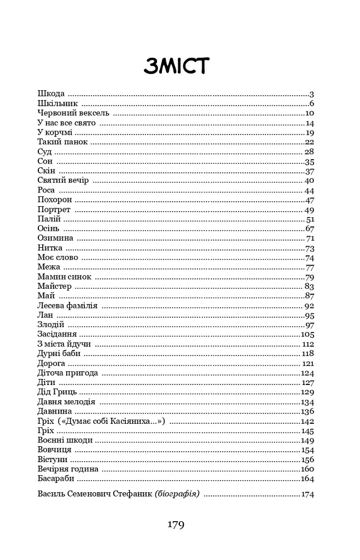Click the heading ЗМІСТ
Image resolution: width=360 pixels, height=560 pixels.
click(177, 66)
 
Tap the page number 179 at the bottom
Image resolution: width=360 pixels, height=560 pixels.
click(176, 526)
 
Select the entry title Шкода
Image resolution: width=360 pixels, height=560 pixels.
click(51, 94)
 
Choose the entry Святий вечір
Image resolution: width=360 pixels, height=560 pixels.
click(63, 180)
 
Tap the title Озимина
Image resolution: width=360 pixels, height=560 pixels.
click(56, 238)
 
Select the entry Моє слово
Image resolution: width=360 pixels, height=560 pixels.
click(58, 258)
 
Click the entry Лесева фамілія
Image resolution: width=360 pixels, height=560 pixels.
click(68, 306)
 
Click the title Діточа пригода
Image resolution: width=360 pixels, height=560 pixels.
click(68, 373)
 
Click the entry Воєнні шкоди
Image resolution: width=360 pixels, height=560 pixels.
click(65, 440)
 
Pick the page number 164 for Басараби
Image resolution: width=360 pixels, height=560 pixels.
click(307, 479)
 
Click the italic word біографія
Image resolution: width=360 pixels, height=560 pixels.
click(178, 494)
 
